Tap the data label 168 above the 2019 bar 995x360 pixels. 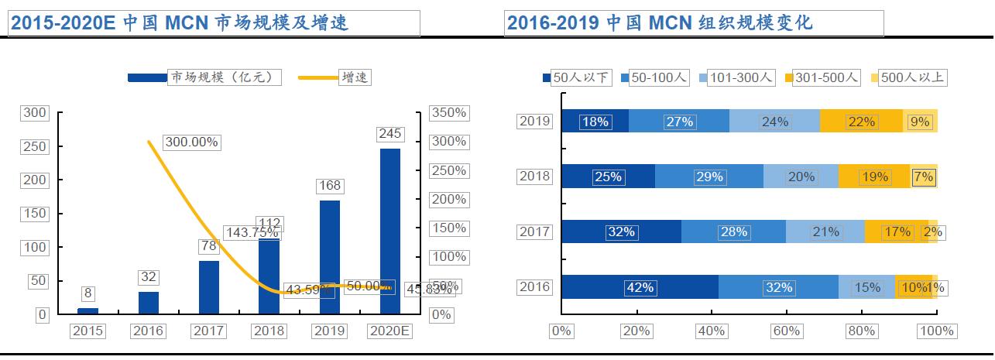pyautogui.click(x=330, y=186)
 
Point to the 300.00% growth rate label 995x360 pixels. pyautogui.click(x=192, y=142)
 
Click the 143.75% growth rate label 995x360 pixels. pyautogui.click(x=252, y=232)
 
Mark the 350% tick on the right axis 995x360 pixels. pyautogui.click(x=449, y=113)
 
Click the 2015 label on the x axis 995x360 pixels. pyautogui.click(x=87, y=331)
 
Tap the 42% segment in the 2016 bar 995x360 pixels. pyautogui.click(x=640, y=287)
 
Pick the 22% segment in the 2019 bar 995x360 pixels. pyautogui.click(x=861, y=122)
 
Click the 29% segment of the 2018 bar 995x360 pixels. pyautogui.click(x=709, y=177)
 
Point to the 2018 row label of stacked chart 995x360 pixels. pyautogui.click(x=535, y=177)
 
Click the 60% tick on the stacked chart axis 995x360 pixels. pyautogui.click(x=786, y=331)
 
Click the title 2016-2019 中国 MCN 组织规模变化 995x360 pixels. pyautogui.click(x=660, y=23)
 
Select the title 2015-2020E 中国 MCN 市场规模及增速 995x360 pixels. pyautogui.click(x=180, y=23)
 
